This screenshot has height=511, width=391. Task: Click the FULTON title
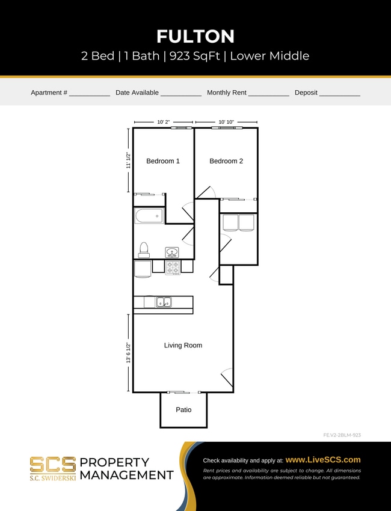195,37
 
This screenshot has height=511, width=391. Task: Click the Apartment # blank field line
89,95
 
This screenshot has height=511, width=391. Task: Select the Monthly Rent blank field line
268,95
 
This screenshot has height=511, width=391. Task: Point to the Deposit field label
306,93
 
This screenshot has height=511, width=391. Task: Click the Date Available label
137,93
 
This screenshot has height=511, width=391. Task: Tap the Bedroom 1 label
163,161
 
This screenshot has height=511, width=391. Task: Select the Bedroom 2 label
226,161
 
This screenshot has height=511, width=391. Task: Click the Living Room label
183,346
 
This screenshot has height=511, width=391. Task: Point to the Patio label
183,410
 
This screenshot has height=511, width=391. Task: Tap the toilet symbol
144,249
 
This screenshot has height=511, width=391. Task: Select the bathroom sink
171,252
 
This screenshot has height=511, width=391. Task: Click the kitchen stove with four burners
173,267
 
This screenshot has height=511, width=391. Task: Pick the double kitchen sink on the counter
164,302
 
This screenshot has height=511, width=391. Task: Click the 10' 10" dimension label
226,122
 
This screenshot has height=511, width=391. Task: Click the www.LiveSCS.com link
322,459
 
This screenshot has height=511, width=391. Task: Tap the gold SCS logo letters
53,464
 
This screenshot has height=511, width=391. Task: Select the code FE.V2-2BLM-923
342,435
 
